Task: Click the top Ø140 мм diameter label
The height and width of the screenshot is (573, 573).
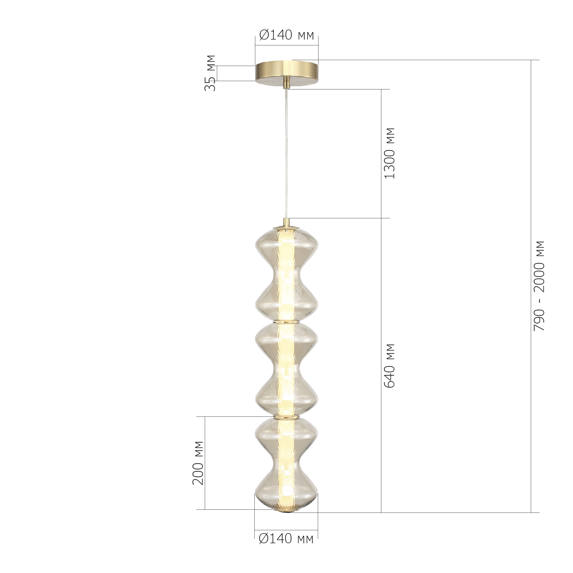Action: pyautogui.click(x=286, y=35)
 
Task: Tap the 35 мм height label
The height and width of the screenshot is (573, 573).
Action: pyautogui.click(x=210, y=73)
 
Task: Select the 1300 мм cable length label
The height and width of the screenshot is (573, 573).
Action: pyautogui.click(x=390, y=153)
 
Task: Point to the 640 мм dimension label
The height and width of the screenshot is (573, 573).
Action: pyautogui.click(x=390, y=366)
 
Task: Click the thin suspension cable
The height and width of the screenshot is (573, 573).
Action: pyautogui.click(x=286, y=154)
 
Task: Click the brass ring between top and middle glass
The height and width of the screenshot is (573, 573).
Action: pyautogui.click(x=286, y=321)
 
